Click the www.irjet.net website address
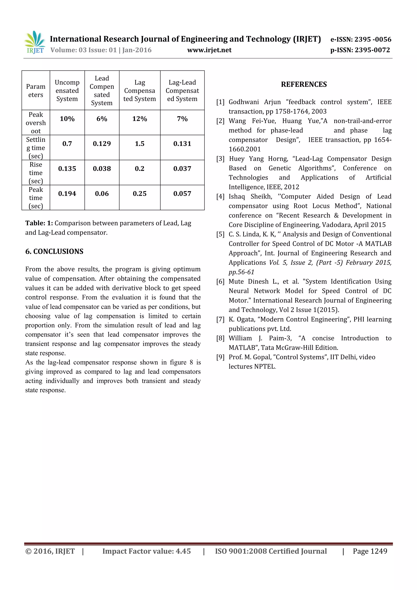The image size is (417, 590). (209, 50)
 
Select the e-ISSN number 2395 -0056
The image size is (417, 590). (360, 39)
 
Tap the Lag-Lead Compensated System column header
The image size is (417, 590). (182, 90)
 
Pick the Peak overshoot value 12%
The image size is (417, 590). (139, 119)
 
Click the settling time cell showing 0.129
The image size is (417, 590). (102, 144)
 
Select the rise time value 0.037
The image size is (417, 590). (182, 169)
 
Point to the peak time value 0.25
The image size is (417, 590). (139, 193)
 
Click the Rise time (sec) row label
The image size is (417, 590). (36, 173)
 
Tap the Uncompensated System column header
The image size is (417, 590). (67, 90)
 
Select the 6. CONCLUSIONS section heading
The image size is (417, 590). (54, 251)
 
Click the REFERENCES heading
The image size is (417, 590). (304, 84)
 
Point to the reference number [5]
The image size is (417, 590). (220, 234)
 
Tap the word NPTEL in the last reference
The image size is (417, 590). (265, 367)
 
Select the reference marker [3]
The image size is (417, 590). (220, 159)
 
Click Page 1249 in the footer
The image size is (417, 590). (370, 551)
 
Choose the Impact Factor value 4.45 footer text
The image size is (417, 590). (146, 551)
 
